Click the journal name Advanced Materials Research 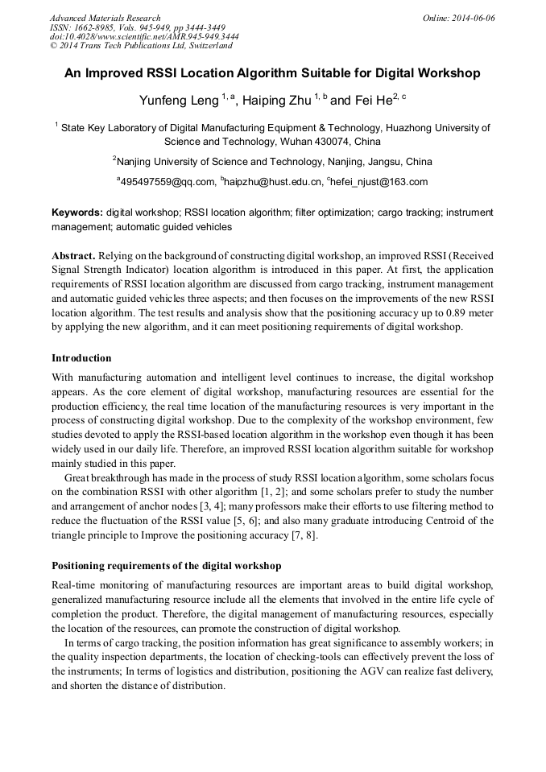tap(105, 18)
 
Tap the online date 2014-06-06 tap(474, 18)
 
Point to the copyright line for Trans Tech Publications tap(141, 46)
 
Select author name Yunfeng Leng tap(184, 101)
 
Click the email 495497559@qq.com tap(167, 182)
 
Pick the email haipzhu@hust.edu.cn tap(271, 182)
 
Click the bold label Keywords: tap(77, 213)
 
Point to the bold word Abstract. tap(74, 255)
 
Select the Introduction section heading tap(81, 358)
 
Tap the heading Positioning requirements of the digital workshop tap(166, 566)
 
